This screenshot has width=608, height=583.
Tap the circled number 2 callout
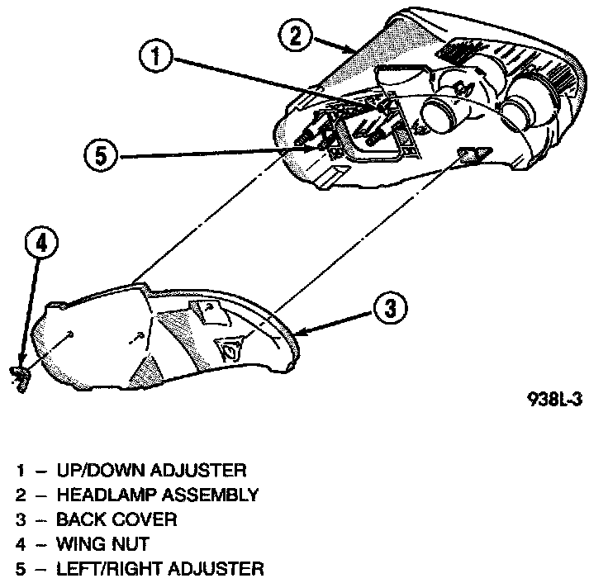(x=296, y=34)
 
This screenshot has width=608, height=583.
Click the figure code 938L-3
(x=555, y=398)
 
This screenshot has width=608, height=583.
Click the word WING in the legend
(x=80, y=544)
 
